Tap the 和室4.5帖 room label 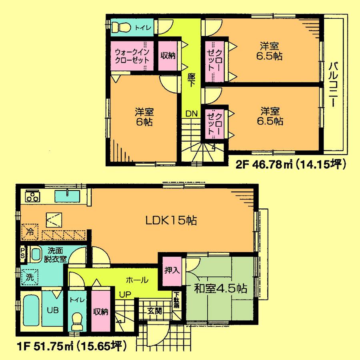(x=220, y=288)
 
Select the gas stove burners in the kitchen (x=32, y=196)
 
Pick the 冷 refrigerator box (x=30, y=231)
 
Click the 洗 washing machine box (x=30, y=276)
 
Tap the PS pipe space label (x=23, y=254)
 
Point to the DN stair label (x=191, y=114)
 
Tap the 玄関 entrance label (x=154, y=310)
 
